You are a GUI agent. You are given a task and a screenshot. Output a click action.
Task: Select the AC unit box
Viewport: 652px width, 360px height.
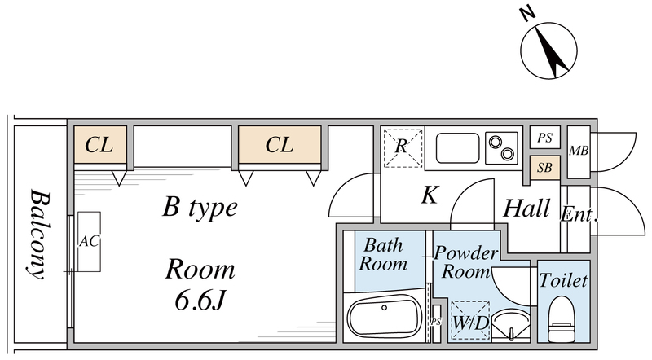[89, 242]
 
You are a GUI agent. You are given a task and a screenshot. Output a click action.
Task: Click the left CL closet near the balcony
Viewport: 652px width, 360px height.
[99, 145]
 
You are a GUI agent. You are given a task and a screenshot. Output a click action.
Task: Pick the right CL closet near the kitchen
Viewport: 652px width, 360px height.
[279, 145]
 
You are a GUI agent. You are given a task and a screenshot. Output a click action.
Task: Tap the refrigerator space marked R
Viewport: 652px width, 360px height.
[402, 147]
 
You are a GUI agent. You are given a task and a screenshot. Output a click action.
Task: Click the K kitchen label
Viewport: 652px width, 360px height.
[430, 195]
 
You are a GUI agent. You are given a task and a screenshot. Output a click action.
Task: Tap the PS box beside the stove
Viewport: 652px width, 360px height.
[544, 138]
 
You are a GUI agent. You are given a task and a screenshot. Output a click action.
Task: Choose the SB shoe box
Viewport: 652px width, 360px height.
[544, 168]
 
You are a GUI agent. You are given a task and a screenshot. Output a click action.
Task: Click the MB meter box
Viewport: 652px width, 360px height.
[579, 151]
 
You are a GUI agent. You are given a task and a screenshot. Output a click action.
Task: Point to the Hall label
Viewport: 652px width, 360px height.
[526, 208]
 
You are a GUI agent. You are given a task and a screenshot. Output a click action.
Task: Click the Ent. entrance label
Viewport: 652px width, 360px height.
[579, 217]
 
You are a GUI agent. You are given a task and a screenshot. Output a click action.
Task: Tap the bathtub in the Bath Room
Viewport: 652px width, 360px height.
[383, 317]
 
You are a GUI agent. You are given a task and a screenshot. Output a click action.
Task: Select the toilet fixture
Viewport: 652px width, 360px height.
[562, 318]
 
